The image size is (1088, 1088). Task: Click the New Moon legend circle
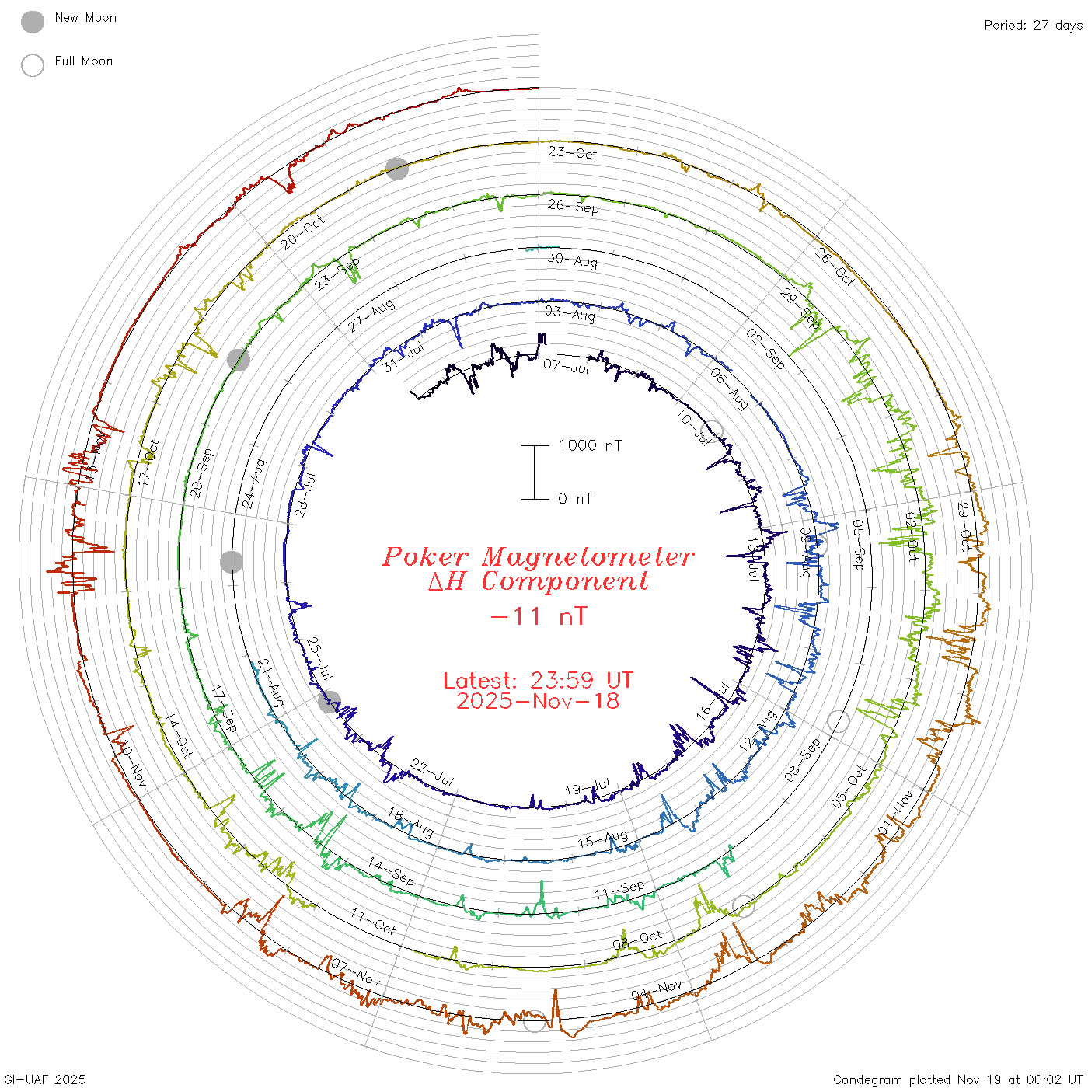click(33, 22)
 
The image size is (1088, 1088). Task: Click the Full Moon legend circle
click(33, 65)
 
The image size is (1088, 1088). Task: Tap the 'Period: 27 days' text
click(1033, 26)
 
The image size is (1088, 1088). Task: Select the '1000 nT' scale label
click(590, 445)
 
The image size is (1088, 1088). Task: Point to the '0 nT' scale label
click(575, 499)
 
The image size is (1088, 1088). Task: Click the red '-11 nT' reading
click(539, 616)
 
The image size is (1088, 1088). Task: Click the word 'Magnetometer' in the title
click(588, 556)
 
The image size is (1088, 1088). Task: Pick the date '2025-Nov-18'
click(538, 701)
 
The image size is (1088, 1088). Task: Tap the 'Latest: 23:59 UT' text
click(538, 681)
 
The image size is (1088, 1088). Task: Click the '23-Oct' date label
click(573, 152)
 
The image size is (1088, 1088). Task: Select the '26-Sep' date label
click(574, 206)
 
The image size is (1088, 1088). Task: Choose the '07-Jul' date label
click(567, 365)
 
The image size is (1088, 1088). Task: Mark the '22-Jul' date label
click(432, 772)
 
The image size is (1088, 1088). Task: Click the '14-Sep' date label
click(391, 872)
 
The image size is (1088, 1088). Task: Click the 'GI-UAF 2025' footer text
click(44, 1079)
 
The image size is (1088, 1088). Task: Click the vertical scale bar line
click(535, 472)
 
